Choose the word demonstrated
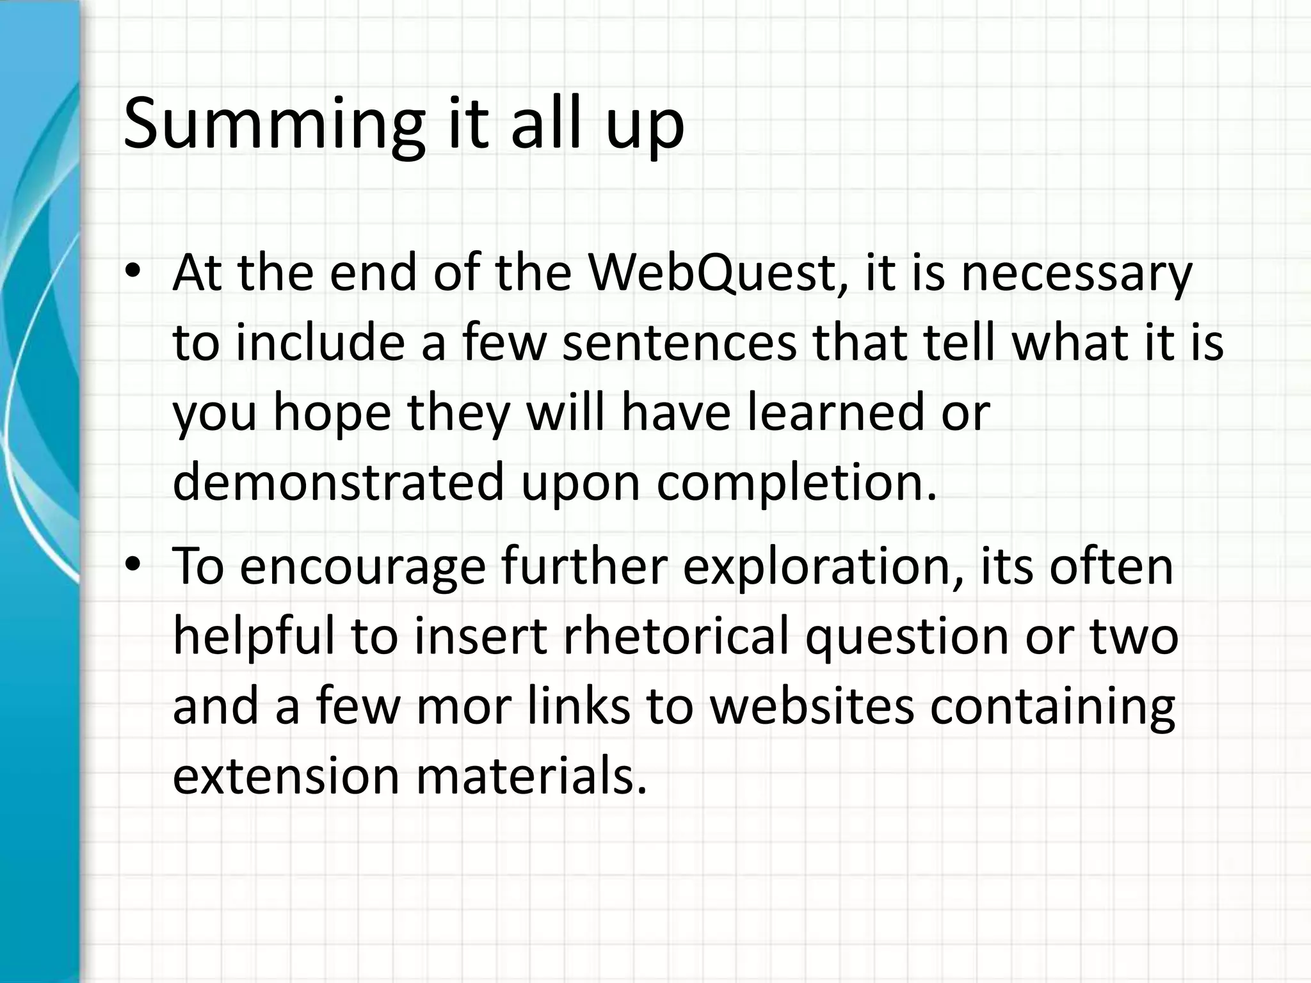pyautogui.click(x=339, y=483)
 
